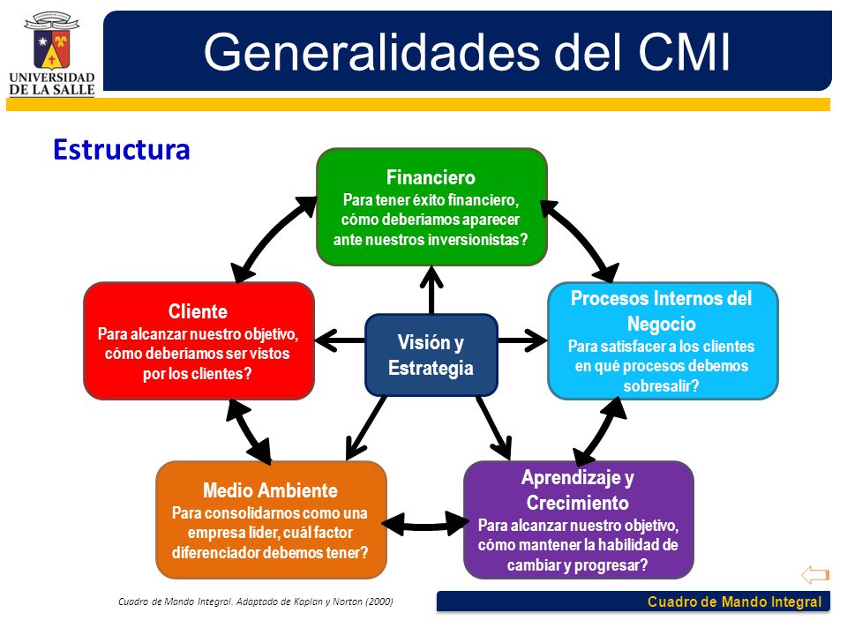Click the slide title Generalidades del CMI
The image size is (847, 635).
coord(467,52)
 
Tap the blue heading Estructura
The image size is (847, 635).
coord(122,149)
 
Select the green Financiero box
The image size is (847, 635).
coord(431,207)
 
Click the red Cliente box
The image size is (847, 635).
coord(199,340)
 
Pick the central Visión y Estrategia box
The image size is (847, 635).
coord(431,355)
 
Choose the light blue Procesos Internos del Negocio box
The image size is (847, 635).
coord(663,340)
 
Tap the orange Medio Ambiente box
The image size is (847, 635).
coord(271,519)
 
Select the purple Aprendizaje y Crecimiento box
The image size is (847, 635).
coord(578,519)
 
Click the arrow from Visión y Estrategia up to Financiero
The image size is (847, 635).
coord(431,289)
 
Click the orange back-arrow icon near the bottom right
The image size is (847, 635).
coord(814,575)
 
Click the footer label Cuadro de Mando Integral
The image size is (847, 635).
coord(734,602)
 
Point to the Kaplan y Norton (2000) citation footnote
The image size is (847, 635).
coord(255,601)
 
